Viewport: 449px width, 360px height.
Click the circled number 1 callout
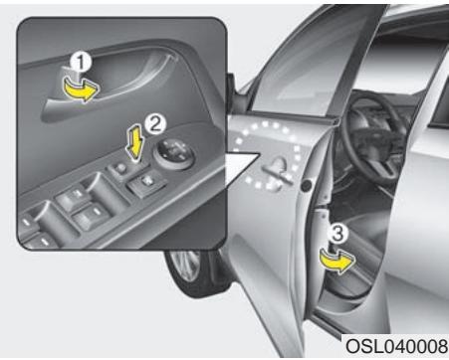pos(82,62)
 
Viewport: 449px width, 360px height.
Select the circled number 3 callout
pos(337,234)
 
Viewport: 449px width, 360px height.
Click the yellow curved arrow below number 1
pos(82,90)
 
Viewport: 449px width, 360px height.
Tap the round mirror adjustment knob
pos(175,153)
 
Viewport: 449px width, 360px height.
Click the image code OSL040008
pos(396,346)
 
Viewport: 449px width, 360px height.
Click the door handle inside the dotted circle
pos(278,170)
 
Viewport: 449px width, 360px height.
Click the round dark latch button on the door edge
pos(306,186)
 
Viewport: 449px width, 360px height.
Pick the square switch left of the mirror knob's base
pos(147,183)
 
